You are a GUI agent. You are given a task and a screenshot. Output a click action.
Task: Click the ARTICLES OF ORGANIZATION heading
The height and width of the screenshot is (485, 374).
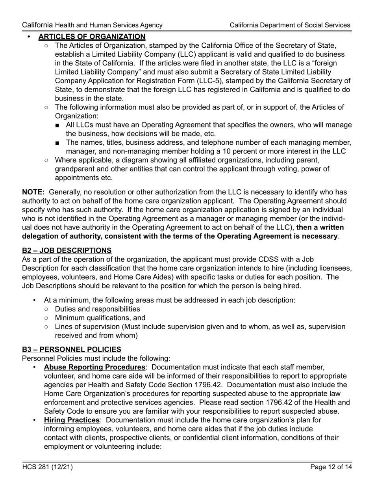pyautogui.click(x=92, y=37)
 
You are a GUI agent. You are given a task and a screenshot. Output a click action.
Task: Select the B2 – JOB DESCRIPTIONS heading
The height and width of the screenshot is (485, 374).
pyautogui.click(x=67, y=250)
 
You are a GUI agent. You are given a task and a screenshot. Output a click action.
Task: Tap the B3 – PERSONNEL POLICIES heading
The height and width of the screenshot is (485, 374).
pyautogui.click(x=71, y=349)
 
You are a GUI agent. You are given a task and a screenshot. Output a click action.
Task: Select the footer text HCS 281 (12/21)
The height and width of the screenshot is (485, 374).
pyautogui.click(x=47, y=467)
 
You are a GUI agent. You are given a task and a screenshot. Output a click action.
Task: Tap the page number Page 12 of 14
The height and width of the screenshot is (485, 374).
pyautogui.click(x=331, y=467)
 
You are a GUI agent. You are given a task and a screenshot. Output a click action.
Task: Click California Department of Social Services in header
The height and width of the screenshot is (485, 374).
pyautogui.click(x=290, y=25)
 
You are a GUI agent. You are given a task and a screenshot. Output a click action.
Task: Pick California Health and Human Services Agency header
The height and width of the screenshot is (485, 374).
pyautogui.click(x=92, y=25)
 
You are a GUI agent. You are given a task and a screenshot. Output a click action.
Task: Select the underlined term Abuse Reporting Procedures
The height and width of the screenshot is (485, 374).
pyautogui.click(x=94, y=367)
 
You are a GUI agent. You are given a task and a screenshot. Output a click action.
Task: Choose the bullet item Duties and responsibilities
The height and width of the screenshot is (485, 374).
pyautogui.click(x=97, y=309)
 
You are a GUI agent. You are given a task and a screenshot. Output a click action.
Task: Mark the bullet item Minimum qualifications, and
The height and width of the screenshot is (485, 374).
pyautogui.click(x=100, y=318)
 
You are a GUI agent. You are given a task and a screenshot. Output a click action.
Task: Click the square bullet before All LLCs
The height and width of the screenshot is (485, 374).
pyautogui.click(x=58, y=125)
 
